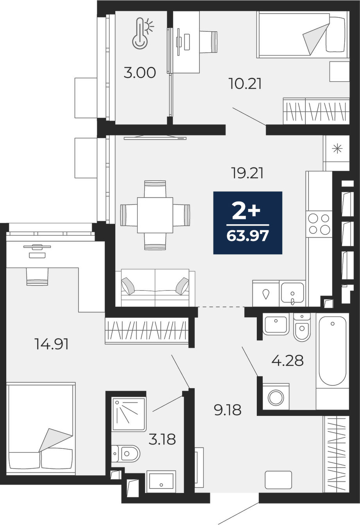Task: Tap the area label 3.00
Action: click(140, 73)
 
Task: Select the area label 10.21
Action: click(245, 84)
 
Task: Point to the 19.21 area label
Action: click(247, 173)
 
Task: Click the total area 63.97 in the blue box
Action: click(247, 236)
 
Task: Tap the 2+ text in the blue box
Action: click(246, 212)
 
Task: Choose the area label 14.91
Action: click(52, 344)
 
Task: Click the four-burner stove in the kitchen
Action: click(319, 225)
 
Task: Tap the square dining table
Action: click(155, 215)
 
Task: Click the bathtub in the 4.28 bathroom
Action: click(332, 351)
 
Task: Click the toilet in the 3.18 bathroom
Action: click(125, 454)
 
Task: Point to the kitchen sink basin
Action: click(292, 293)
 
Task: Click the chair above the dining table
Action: click(155, 189)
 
